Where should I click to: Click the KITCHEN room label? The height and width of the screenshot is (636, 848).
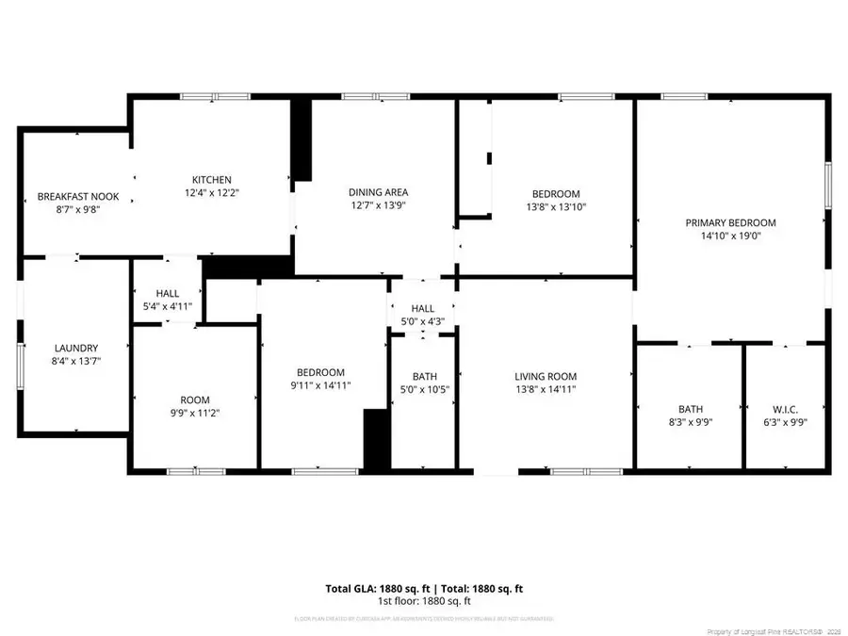tap(212, 180)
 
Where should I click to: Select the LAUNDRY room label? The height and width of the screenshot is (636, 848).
tap(76, 348)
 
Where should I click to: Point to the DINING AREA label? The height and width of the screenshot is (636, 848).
tap(378, 192)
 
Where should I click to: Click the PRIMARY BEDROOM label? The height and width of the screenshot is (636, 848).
tap(730, 222)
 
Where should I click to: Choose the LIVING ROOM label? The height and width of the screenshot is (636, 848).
tap(545, 375)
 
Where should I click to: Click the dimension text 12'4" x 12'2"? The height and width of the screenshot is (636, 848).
tap(212, 193)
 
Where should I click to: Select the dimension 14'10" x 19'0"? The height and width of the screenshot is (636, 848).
tap(730, 236)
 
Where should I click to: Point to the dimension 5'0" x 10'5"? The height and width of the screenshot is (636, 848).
tap(424, 389)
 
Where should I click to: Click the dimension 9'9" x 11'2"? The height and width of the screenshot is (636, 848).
tap(195, 413)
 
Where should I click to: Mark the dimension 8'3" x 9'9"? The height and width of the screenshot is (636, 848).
tap(691, 422)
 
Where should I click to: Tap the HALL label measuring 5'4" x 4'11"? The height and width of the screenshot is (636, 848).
tap(168, 293)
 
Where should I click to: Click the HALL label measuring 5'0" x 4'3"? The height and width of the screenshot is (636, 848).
tap(422, 308)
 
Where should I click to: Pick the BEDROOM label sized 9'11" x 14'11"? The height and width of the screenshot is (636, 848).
tap(321, 372)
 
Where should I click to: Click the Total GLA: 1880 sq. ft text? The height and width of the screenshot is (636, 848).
tap(372, 589)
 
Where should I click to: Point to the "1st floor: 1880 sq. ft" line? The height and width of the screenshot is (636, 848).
tap(424, 601)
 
